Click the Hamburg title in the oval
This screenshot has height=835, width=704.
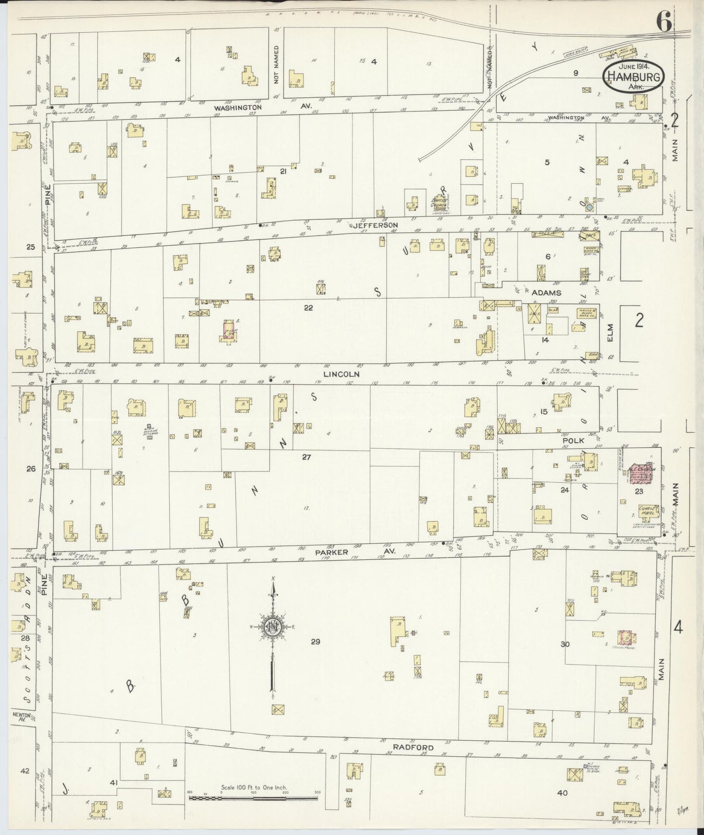(x=634, y=76)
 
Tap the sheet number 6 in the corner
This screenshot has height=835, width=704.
(x=665, y=20)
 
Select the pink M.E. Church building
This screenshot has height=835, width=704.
(x=638, y=473)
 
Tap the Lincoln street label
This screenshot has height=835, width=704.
(x=342, y=374)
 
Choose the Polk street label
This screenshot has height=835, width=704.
(x=573, y=440)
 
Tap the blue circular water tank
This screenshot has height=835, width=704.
(x=590, y=207)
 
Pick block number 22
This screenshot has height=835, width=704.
(x=308, y=307)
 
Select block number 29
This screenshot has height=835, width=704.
(x=315, y=642)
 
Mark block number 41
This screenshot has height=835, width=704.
(x=114, y=783)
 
